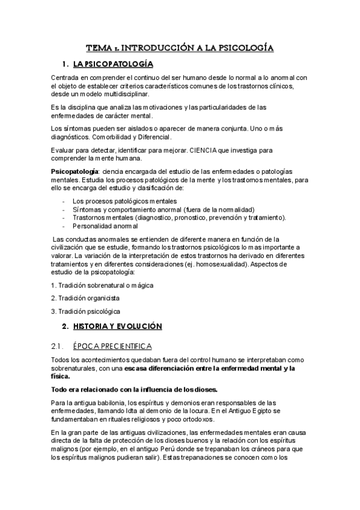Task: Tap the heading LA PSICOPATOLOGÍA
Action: coord(112,64)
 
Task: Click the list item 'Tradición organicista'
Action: coord(88,298)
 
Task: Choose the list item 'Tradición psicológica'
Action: coord(88,311)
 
